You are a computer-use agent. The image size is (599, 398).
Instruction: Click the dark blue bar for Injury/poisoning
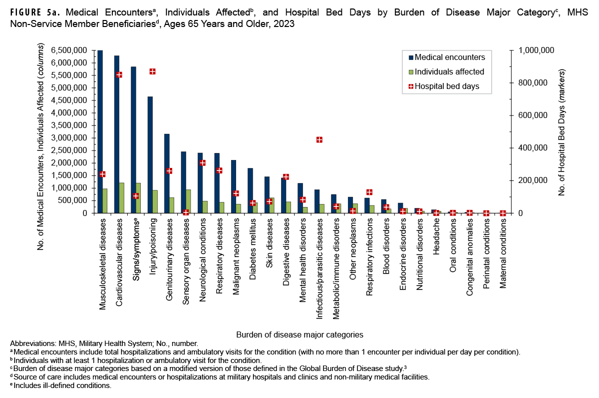150,155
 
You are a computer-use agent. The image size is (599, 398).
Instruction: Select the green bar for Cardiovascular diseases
122,198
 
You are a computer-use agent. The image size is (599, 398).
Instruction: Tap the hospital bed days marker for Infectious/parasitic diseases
319,139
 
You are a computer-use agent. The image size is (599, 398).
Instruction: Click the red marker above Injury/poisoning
153,71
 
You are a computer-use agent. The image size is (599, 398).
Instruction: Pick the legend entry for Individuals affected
450,71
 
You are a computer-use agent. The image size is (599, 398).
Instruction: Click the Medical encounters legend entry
450,57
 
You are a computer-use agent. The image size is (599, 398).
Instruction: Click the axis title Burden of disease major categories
299,333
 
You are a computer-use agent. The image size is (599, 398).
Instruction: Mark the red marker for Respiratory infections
369,192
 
